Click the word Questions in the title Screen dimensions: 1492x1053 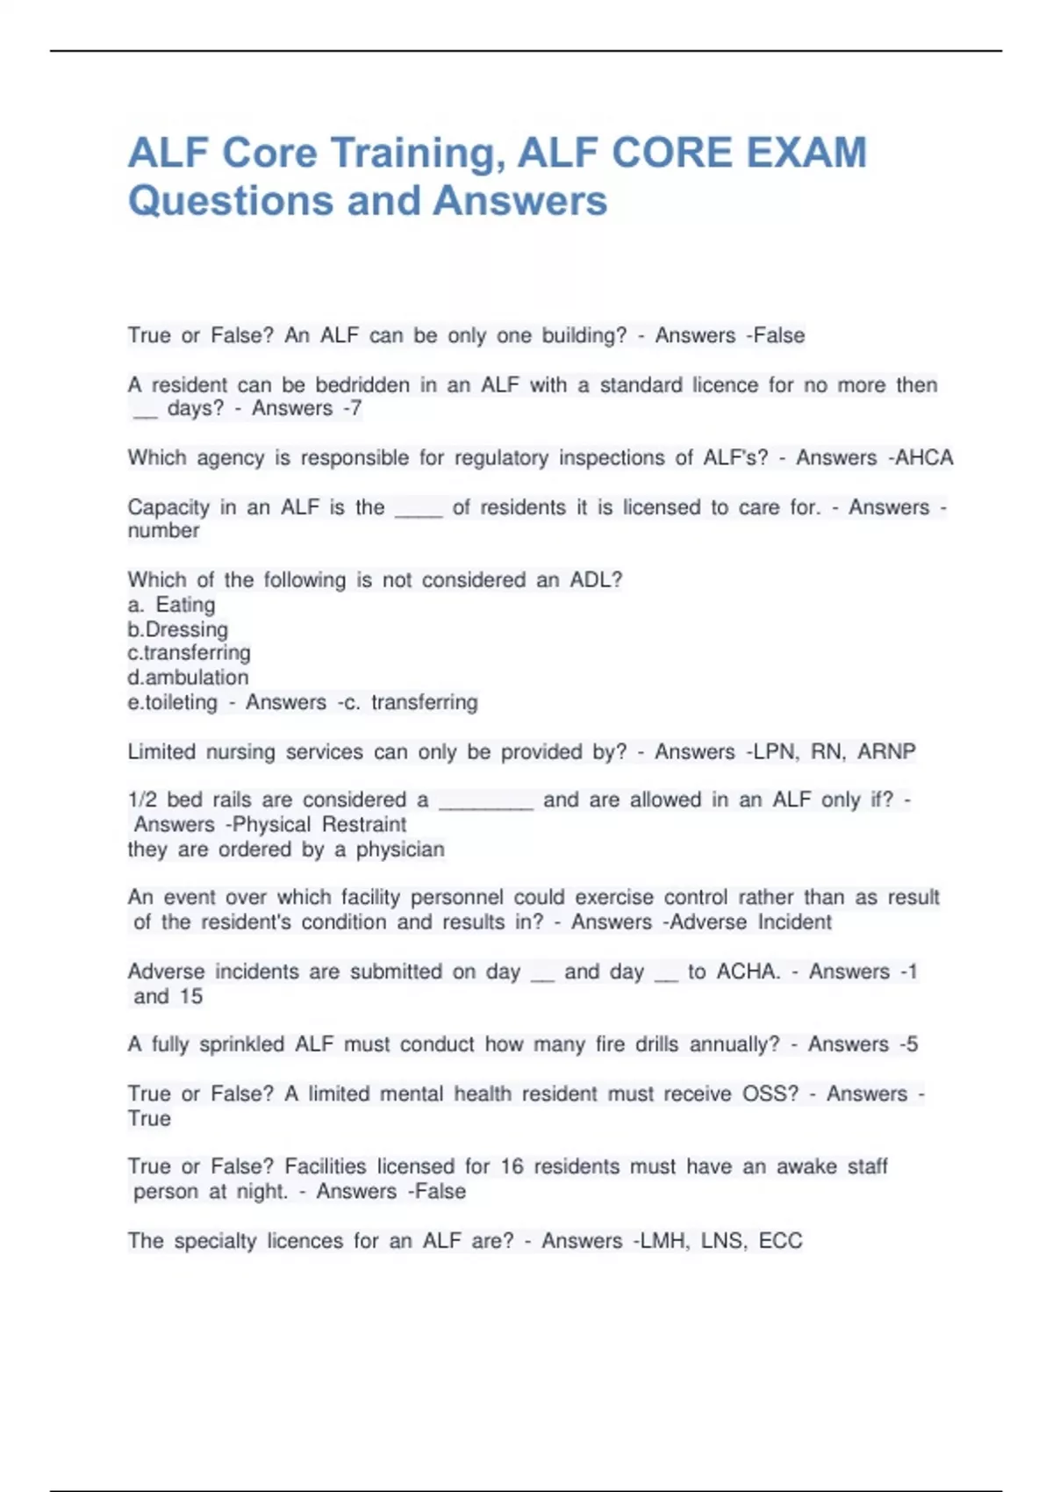pyautogui.click(x=230, y=201)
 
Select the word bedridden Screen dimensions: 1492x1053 pyautogui.click(x=362, y=384)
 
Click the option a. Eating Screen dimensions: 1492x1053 pyautogui.click(x=172, y=605)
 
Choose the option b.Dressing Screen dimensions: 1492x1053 pyautogui.click(x=178, y=629)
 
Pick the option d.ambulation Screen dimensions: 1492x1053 pyautogui.click(x=188, y=678)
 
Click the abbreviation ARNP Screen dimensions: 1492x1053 pyautogui.click(x=886, y=751)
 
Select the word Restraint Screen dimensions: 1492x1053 pyautogui.click(x=363, y=824)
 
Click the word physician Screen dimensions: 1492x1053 pyautogui.click(x=400, y=849)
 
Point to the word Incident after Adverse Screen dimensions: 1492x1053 pyautogui.click(x=794, y=922)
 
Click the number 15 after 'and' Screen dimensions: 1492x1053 pyautogui.click(x=190, y=996)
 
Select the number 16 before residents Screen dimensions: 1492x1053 pyautogui.click(x=512, y=1166)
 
